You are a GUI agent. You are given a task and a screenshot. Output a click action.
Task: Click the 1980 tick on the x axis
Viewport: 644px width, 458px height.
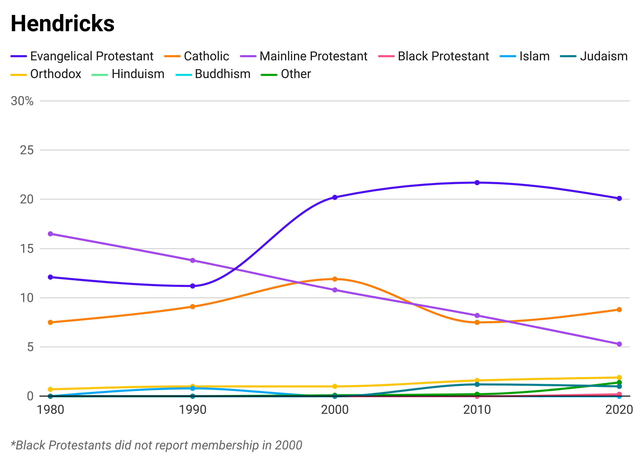(51, 408)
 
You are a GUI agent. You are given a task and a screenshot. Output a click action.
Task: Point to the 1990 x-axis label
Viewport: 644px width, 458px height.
(193, 408)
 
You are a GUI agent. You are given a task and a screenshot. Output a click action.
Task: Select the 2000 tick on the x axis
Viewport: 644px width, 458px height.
(334, 408)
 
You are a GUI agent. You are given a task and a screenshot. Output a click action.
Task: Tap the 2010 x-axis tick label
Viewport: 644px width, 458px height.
(477, 408)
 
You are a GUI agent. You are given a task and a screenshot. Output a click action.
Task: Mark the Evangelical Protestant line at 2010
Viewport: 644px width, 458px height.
(477, 179)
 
